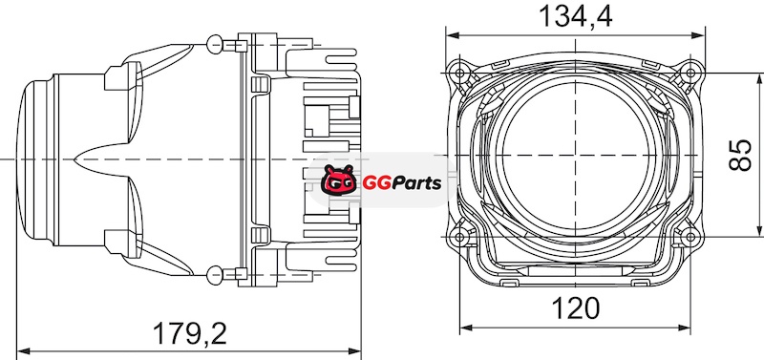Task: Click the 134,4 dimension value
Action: (576, 16)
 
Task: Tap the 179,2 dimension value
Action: (190, 333)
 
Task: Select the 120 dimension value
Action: (576, 308)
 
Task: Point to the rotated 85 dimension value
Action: (740, 155)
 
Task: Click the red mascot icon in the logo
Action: (338, 180)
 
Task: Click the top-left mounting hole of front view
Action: (459, 74)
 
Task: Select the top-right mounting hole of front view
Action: (690, 74)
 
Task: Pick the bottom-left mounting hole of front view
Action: (459, 237)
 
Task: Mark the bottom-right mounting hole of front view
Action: (690, 237)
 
